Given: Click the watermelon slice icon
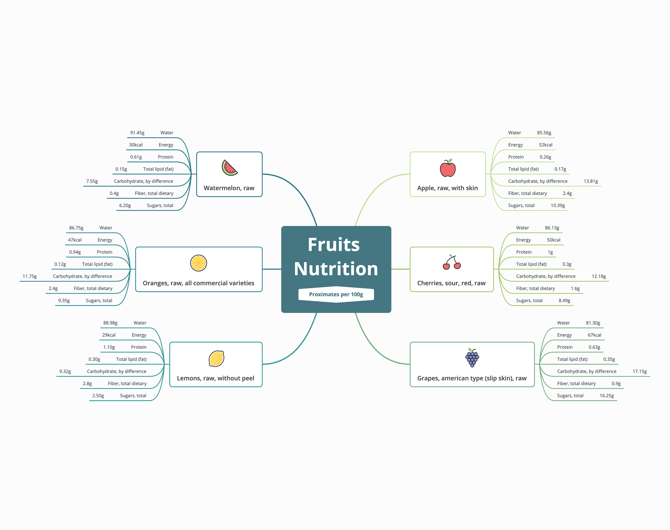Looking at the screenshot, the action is point(229,168).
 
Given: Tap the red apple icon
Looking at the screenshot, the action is point(448,168).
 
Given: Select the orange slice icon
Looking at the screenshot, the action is point(198,263).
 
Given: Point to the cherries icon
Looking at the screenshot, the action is point(452,262).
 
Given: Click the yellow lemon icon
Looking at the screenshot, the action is point(216,358).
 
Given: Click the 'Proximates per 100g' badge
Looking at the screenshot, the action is point(336,294).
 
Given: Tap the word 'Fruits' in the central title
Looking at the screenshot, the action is point(334,245).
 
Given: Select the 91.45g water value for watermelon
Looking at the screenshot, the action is point(137,133).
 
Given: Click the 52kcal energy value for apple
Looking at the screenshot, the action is point(545,145).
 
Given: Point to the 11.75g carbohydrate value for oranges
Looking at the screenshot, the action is point(30,276).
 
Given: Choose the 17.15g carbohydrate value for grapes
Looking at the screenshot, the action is point(640,372).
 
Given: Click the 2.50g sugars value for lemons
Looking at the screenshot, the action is point(98,396).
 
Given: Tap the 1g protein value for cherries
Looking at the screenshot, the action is point(550,252).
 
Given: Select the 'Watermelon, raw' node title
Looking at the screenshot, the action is point(229,188).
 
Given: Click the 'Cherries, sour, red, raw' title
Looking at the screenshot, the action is point(451,283).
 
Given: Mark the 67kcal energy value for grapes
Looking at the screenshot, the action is point(595,335).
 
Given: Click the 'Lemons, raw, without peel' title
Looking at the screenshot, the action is point(216,378).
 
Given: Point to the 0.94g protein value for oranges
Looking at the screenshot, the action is point(75,252).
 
